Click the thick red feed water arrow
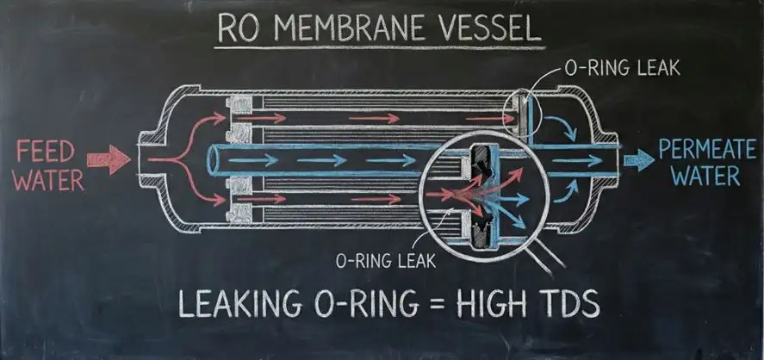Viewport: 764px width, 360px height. coord(109,160)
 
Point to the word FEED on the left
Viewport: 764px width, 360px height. coord(45,151)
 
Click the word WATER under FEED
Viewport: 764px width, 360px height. coord(47,180)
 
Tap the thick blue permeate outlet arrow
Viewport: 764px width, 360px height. coord(638,160)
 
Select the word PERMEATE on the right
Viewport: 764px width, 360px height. coord(706,150)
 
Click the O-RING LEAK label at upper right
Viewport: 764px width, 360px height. coord(621,68)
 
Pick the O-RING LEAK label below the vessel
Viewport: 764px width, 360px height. coord(385,261)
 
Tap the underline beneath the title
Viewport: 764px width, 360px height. coord(380,47)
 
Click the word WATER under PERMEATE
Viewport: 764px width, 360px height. coord(705,177)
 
